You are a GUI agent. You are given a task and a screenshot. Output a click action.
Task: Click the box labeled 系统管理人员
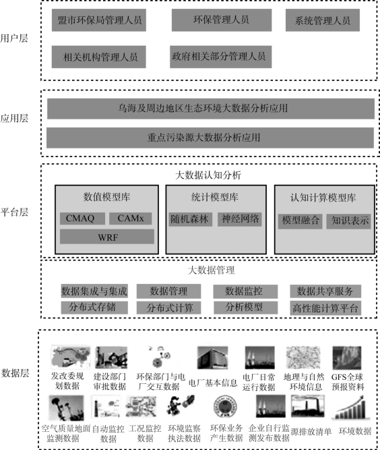pyautogui.click(x=323, y=20)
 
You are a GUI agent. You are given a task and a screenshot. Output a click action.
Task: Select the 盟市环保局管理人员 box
pyautogui.click(x=99, y=20)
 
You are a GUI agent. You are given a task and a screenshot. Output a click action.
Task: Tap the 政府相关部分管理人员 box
pyautogui.click(x=221, y=57)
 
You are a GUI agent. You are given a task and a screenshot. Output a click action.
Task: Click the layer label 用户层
pyautogui.click(x=14, y=38)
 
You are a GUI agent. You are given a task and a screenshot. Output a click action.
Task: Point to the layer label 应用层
pyautogui.click(x=14, y=118)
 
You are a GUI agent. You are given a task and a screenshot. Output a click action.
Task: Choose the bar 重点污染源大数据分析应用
pyautogui.click(x=210, y=138)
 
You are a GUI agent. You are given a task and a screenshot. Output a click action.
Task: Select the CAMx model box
pyautogui.click(x=131, y=219)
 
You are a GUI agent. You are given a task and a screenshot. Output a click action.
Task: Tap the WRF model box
pyautogui.click(x=107, y=237)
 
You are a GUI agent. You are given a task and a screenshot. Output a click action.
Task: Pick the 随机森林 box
pyautogui.click(x=191, y=219)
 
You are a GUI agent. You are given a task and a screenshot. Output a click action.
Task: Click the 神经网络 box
pyautogui.click(x=240, y=219)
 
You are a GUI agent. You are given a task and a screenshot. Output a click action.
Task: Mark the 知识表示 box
pyautogui.click(x=348, y=221)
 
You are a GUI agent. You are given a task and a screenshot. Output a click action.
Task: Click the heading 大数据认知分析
pyautogui.click(x=208, y=175)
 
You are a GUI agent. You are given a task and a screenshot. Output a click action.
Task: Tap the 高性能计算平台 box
pyautogui.click(x=325, y=308)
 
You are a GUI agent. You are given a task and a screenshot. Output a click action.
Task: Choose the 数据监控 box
pyautogui.click(x=245, y=291)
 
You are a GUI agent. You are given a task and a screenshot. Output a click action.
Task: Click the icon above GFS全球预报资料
pyautogui.click(x=347, y=358)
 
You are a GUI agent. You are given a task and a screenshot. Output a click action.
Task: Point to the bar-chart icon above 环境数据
pyautogui.click(x=351, y=407)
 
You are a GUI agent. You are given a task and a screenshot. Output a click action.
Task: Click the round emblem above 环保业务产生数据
pyautogui.click(x=225, y=407)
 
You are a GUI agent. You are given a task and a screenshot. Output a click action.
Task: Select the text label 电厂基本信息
pyautogui.click(x=213, y=383)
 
